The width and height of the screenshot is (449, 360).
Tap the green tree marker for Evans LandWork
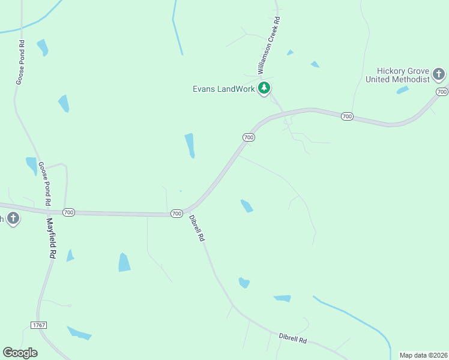click(264, 89)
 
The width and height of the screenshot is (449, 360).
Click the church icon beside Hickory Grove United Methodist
click(439, 75)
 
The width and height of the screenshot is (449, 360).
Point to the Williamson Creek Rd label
click(270, 46)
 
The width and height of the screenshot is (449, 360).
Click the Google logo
click(20, 353)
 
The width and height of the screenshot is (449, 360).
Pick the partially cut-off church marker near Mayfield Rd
click(11, 218)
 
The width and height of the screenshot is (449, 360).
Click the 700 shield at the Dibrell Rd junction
click(176, 214)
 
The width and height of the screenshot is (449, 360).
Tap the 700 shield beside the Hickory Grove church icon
click(442, 92)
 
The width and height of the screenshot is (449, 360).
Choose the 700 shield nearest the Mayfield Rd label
click(68, 212)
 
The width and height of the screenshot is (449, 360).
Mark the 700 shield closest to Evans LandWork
click(249, 137)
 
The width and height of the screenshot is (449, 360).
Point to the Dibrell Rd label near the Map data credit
click(293, 337)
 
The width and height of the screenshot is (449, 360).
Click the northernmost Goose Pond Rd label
click(20, 62)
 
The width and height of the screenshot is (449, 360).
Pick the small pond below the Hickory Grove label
click(402, 90)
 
